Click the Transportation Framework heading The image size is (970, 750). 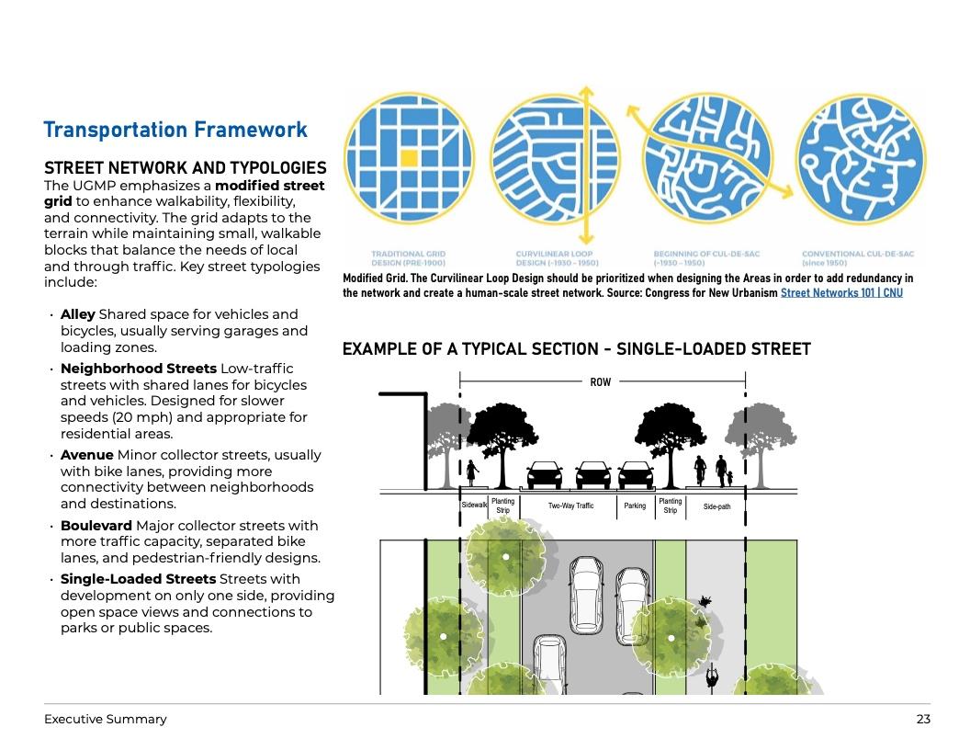[175, 130]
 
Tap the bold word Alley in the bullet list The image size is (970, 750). [78, 314]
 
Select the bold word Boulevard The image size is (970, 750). [96, 526]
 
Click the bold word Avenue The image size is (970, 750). [87, 455]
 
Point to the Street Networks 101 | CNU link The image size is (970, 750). [841, 293]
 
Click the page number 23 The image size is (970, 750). [923, 720]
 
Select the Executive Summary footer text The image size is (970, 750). [106, 720]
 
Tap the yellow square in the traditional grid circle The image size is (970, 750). [409, 158]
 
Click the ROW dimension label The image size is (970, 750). [600, 381]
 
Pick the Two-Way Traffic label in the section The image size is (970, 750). [570, 506]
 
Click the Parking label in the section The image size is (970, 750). [635, 506]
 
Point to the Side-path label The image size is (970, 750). [716, 506]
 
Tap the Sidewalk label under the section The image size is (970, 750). [474, 505]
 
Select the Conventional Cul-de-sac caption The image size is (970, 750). [858, 258]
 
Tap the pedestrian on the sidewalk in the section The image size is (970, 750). [472, 473]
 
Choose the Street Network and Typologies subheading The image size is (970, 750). [186, 168]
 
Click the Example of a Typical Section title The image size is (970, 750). [576, 349]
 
